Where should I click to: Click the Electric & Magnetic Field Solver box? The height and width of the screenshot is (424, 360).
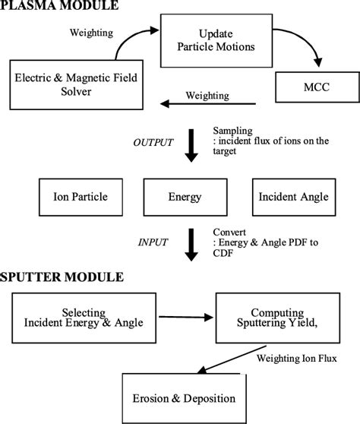69,85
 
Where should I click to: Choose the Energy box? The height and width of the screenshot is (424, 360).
185,197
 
